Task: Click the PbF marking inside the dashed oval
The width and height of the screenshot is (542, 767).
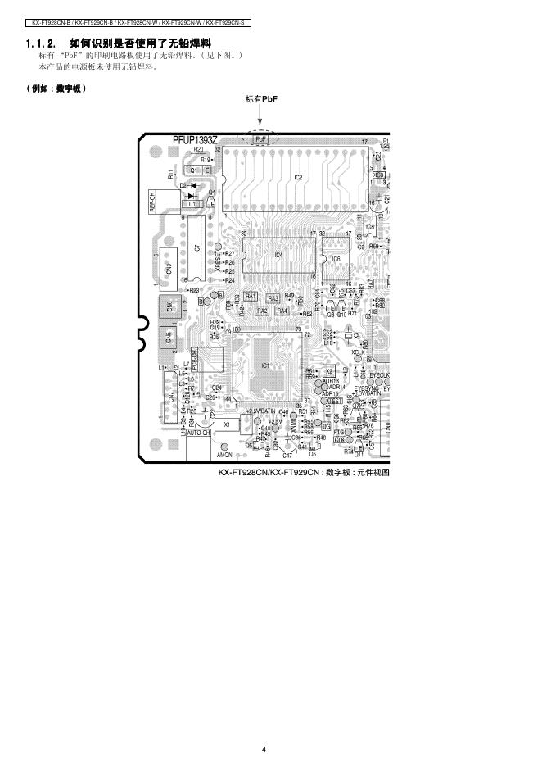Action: pos(260,139)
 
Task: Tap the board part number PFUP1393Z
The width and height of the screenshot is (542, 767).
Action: pos(195,140)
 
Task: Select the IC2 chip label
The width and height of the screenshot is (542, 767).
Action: pos(298,177)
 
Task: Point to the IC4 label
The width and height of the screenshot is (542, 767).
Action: pos(278,256)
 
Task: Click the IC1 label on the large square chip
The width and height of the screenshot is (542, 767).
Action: pos(265,365)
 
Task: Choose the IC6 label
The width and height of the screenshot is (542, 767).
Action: pos(336,258)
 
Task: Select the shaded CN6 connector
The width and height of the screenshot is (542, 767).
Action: pos(169,307)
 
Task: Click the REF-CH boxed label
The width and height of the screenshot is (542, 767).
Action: pos(153,202)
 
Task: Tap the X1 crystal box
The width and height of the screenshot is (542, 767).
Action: pos(227,424)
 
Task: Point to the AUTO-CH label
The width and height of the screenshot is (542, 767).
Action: pos(199,432)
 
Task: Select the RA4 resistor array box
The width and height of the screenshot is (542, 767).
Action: pos(282,311)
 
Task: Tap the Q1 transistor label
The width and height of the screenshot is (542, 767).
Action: pos(195,170)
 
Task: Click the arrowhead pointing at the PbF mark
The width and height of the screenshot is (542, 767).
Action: pos(260,127)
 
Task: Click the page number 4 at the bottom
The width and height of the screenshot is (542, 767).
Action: pos(264,749)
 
